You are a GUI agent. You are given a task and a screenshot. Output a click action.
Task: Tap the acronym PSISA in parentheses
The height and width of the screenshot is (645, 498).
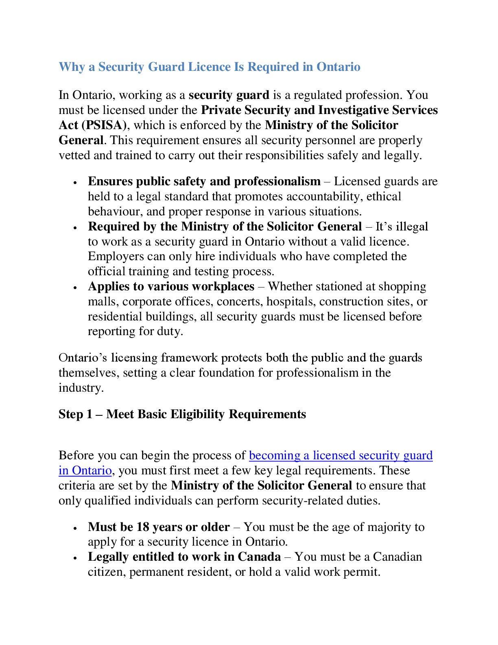[105, 125]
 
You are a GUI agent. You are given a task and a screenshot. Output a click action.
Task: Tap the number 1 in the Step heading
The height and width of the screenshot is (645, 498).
[89, 414]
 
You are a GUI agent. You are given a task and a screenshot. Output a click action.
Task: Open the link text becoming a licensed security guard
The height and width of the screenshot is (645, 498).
[341, 455]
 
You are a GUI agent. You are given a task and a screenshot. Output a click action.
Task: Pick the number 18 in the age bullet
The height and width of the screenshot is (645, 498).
[143, 527]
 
